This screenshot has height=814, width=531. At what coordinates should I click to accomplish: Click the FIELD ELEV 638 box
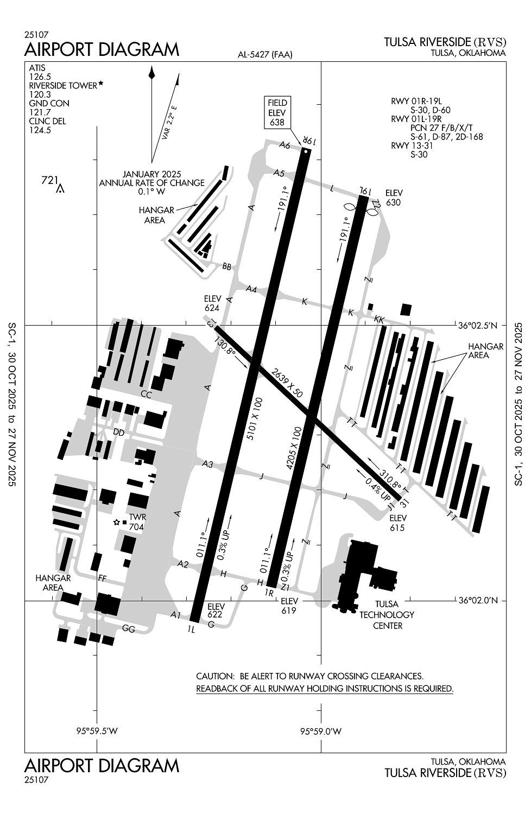click(x=277, y=113)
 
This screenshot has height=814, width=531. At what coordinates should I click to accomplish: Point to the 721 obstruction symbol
click(x=60, y=189)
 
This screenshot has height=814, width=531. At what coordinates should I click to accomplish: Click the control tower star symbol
click(x=116, y=522)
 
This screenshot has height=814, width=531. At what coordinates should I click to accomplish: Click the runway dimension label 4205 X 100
click(x=294, y=448)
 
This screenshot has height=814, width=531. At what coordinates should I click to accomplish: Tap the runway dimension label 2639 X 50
click(x=287, y=383)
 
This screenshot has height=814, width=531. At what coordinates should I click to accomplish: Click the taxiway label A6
click(x=285, y=145)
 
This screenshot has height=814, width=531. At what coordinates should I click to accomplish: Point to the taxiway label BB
click(x=226, y=267)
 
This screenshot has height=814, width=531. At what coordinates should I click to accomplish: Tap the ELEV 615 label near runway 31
click(x=397, y=523)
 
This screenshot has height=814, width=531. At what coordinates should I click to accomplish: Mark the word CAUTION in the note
click(x=215, y=676)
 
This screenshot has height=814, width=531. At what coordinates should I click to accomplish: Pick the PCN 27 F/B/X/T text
click(x=441, y=128)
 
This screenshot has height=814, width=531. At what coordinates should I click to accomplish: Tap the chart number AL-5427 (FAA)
click(x=265, y=54)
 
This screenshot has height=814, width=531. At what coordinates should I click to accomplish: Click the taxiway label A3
click(x=207, y=464)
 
